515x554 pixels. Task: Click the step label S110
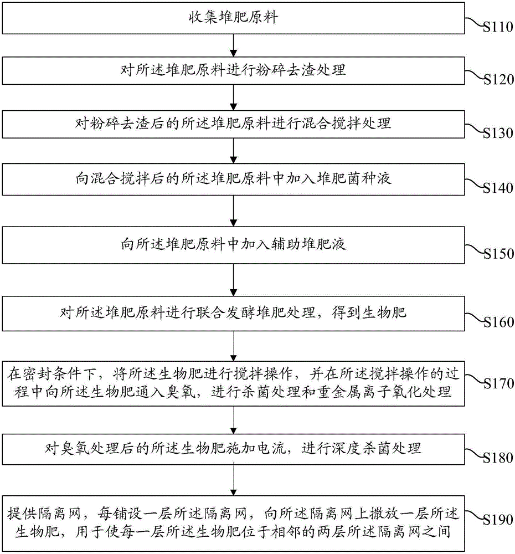pyautogui.click(x=498, y=27)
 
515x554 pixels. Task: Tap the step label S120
pyautogui.click(x=498, y=79)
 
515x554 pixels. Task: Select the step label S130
pyautogui.click(x=498, y=133)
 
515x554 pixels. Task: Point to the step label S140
pyautogui.click(x=498, y=188)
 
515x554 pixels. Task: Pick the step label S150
pyautogui.click(x=498, y=254)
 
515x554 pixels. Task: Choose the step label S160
pyautogui.click(x=498, y=322)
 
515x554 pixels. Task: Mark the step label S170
pyautogui.click(x=498, y=384)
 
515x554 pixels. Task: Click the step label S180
pyautogui.click(x=498, y=458)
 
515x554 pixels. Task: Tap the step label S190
pyautogui.click(x=498, y=520)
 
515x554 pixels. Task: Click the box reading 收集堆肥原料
pyautogui.click(x=233, y=18)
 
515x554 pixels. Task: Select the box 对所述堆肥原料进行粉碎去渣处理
pyautogui.click(x=233, y=71)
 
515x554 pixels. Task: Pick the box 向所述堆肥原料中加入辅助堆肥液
pyautogui.click(x=233, y=245)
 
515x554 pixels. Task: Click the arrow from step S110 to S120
pyautogui.click(x=233, y=46)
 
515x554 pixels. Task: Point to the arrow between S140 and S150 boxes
pyautogui.click(x=233, y=211)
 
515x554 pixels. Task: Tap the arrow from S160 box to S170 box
pyautogui.click(x=233, y=346)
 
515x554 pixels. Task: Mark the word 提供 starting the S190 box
pyautogui.click(x=22, y=514)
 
